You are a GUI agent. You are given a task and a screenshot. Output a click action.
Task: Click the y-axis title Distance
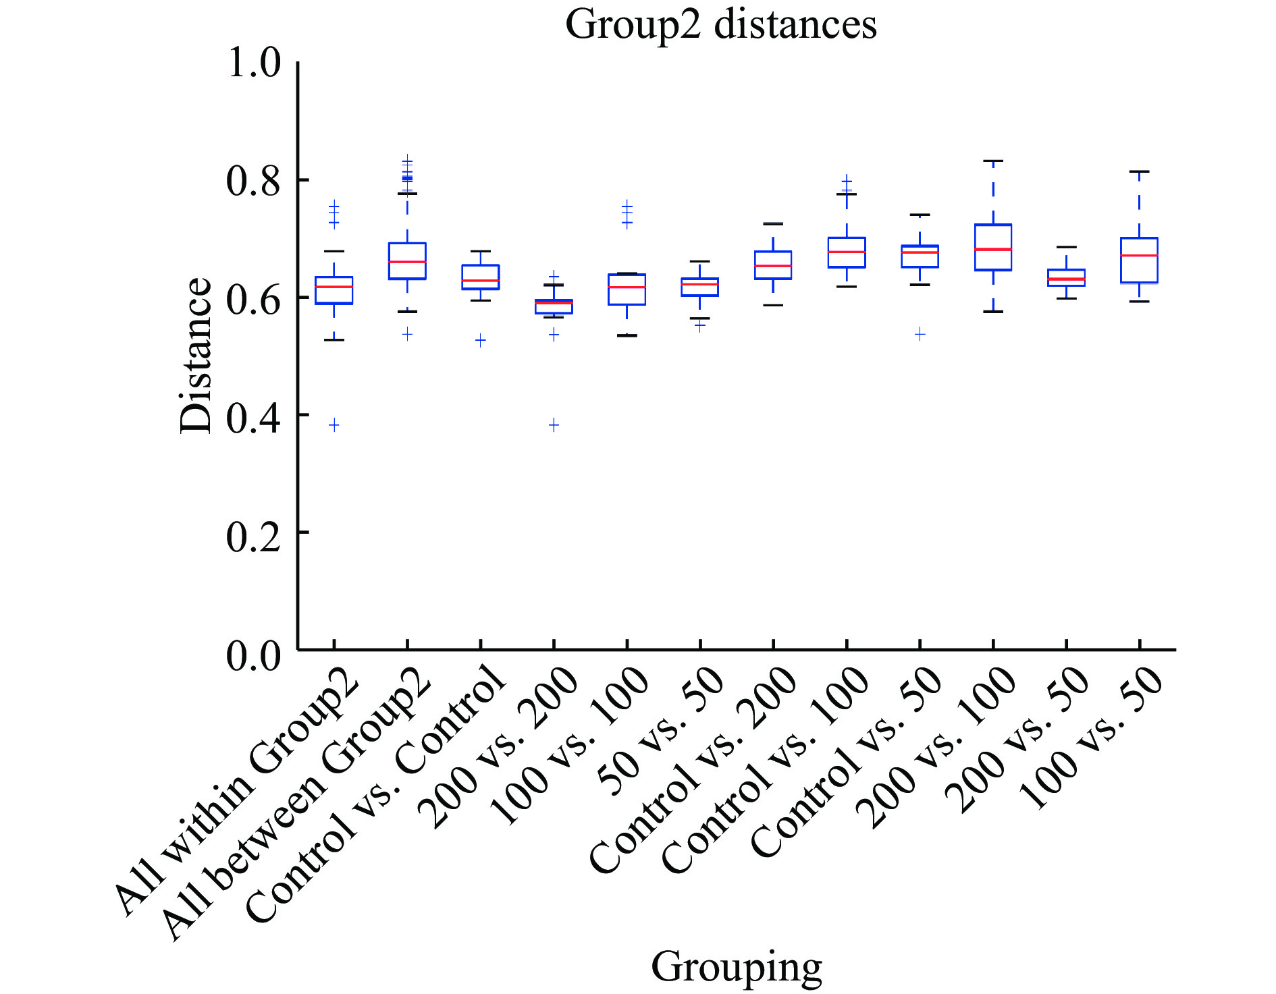[x=196, y=355]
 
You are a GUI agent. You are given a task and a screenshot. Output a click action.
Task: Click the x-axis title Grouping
[x=736, y=966]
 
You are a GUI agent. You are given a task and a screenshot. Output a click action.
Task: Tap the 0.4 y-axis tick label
[x=254, y=416]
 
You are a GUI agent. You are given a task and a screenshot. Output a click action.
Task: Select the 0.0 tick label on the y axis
[x=254, y=654]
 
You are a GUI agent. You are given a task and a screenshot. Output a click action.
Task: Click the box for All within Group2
[x=334, y=291]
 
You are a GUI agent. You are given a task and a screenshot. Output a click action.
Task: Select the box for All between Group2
[x=407, y=261]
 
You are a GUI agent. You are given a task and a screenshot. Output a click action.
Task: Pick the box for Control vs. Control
[x=481, y=277]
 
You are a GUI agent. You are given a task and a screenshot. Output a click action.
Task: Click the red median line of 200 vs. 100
[x=993, y=250]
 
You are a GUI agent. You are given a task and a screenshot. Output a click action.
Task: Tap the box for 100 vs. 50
[x=1139, y=260]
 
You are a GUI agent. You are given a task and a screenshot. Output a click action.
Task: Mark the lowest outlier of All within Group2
[x=334, y=424]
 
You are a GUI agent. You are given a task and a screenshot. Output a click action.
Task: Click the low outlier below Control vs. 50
[x=920, y=334]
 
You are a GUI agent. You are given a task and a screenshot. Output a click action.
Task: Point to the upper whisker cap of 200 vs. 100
[x=993, y=161]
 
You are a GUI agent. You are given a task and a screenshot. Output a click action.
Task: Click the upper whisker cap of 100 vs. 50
[x=1139, y=172]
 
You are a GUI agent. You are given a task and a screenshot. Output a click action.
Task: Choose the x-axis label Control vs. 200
[x=695, y=769]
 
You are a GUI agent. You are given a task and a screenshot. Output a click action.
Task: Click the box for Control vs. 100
[x=847, y=253]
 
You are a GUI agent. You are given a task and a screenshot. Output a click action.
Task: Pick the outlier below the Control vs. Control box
[x=481, y=341]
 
